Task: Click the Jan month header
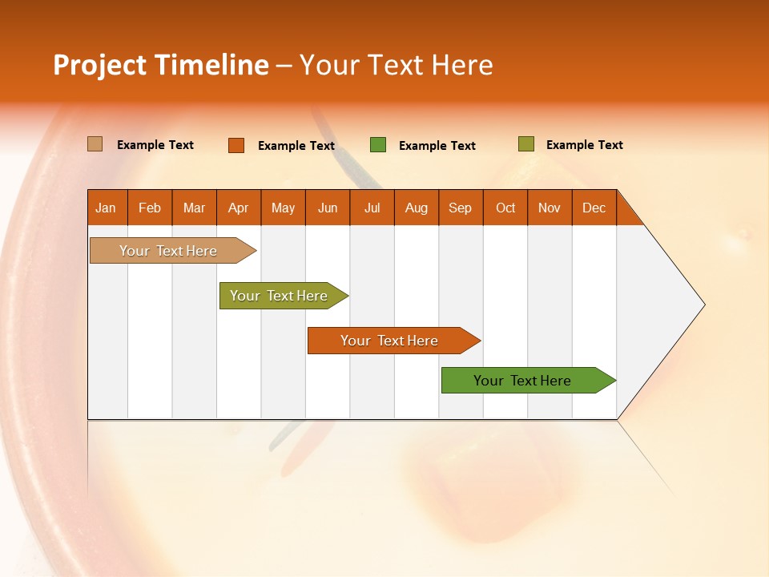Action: click(106, 208)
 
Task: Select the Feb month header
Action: click(150, 208)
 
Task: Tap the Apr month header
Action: click(238, 208)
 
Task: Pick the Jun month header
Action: click(328, 208)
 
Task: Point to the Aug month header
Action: click(416, 208)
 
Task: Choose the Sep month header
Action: click(460, 208)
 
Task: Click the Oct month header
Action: click(505, 208)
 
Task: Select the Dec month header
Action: click(594, 208)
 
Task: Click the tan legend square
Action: click(95, 144)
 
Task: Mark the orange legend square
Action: click(236, 145)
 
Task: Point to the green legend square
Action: click(378, 145)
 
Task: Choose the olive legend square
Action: click(525, 144)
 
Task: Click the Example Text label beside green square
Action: click(437, 146)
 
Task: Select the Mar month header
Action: click(194, 208)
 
